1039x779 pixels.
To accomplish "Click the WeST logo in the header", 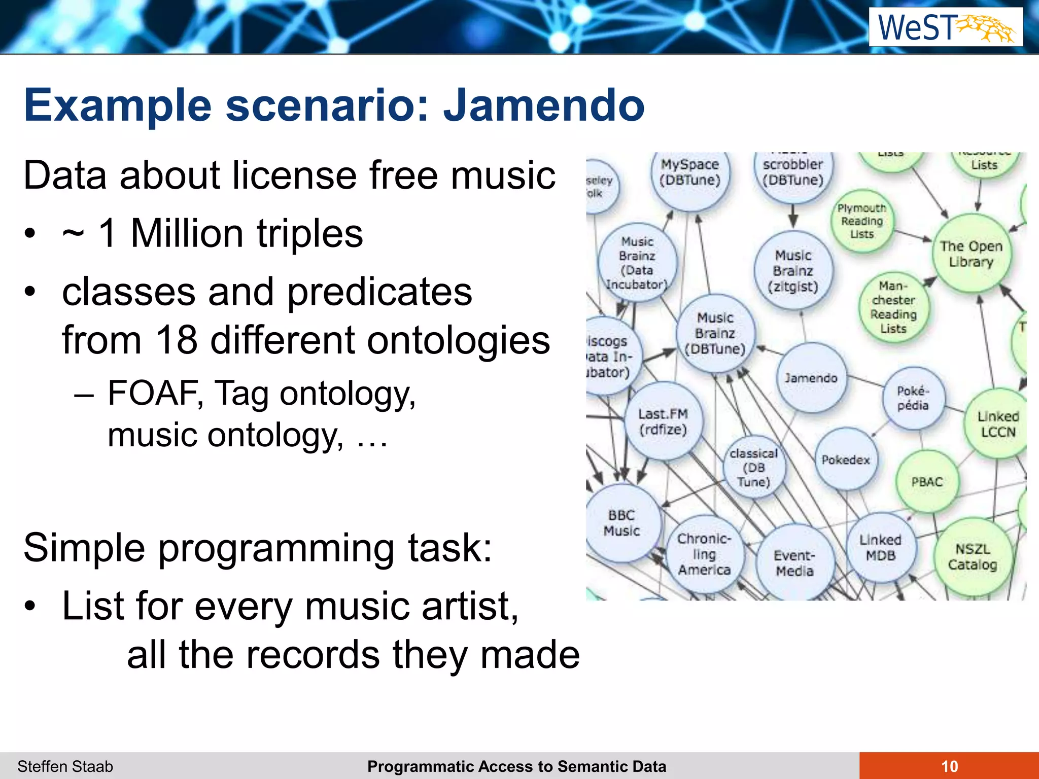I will (946, 27).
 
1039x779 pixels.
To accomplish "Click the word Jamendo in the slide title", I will (544, 105).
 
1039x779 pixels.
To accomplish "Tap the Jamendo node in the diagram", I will (811, 378).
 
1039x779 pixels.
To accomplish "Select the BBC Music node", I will (622, 523).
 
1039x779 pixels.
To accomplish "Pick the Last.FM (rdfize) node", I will (663, 421).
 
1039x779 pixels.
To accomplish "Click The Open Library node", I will (971, 254).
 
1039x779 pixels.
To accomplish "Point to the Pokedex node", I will (846, 459).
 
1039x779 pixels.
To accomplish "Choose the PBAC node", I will (927, 481).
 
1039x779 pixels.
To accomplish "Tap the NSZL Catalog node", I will (973, 556).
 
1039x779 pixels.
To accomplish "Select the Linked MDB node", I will (881, 548).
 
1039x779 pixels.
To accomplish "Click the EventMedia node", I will (794, 563).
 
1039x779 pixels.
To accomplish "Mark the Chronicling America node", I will (704, 554).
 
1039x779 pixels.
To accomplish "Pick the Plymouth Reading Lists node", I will (862, 221).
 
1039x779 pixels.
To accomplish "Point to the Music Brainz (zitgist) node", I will (793, 271).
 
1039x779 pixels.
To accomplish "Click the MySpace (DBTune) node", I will (690, 172).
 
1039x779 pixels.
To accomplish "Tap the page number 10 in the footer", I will (949, 766).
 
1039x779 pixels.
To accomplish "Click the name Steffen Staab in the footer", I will (65, 766).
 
